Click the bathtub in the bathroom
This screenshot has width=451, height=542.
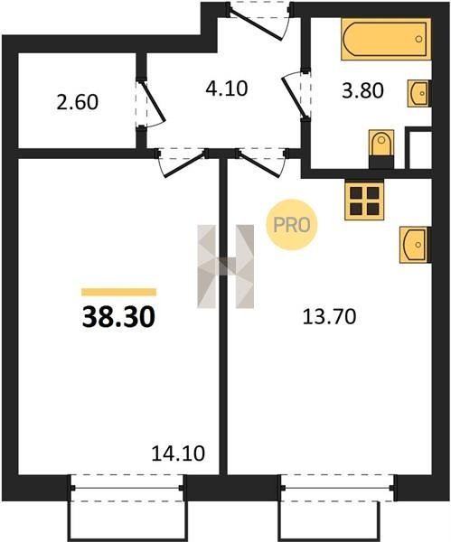pos(386,39)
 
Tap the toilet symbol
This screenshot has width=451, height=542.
pos(381,149)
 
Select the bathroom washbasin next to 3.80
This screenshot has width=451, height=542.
pos(419,93)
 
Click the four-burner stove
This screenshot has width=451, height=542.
pos(364,201)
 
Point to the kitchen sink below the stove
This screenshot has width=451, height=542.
pos(415,245)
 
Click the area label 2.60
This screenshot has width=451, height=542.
pos(78,102)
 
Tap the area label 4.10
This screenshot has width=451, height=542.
pos(227,89)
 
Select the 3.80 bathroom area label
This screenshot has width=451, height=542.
pos(362,90)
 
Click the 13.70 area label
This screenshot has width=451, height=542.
pos(329,317)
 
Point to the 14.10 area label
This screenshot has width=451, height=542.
pos(178,453)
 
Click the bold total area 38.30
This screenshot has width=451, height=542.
pos(118,318)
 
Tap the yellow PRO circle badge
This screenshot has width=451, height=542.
pos(292,225)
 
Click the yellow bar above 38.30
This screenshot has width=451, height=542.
pos(118,292)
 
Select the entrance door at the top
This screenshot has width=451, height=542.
pos(259,22)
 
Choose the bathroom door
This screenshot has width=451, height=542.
pos(296,94)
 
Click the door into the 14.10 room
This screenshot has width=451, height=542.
pos(183,163)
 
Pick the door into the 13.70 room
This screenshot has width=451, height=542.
pos(261,163)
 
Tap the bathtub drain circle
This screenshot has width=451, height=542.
pos(418,39)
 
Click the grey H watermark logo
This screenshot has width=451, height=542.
pos(226,266)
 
